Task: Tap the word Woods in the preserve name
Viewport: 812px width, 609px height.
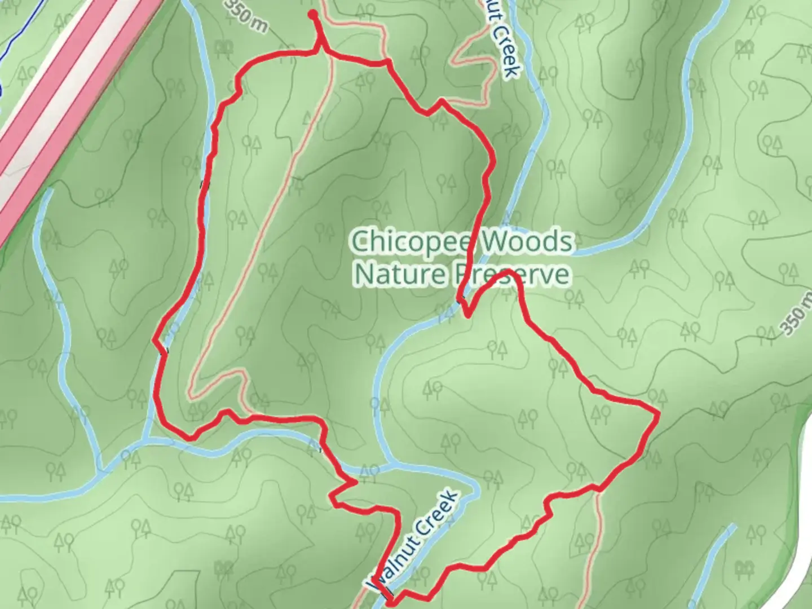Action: [526, 242]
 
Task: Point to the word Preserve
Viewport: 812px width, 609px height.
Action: [511, 275]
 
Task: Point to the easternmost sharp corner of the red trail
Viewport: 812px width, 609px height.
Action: [657, 414]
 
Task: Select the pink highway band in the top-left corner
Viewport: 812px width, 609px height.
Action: [68, 101]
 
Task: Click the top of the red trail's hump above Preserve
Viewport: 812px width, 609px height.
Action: [506, 272]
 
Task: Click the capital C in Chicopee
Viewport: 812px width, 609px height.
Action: [361, 242]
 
